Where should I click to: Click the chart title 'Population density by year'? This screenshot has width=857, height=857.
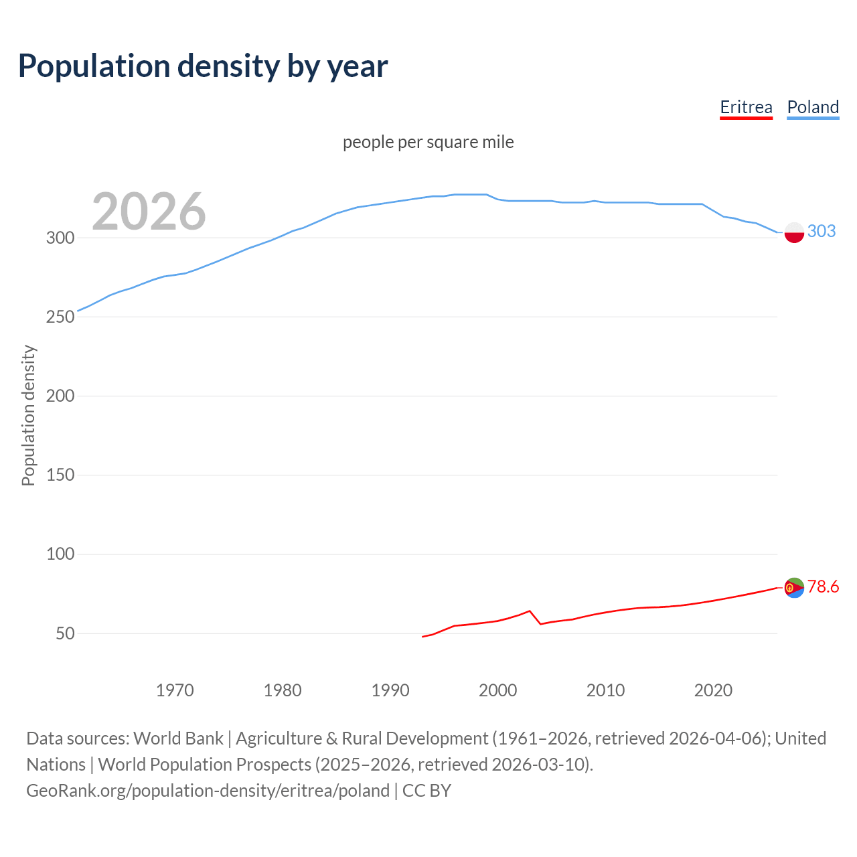click(203, 66)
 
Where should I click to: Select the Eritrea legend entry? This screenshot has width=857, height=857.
click(746, 107)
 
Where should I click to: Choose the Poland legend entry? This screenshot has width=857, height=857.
click(813, 107)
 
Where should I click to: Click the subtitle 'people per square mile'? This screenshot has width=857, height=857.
click(428, 142)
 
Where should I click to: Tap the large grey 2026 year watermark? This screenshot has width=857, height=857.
click(149, 212)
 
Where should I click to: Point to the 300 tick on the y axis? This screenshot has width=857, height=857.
click(60, 238)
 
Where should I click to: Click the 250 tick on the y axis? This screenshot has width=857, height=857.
click(60, 317)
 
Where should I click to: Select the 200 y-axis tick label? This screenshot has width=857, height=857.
click(60, 396)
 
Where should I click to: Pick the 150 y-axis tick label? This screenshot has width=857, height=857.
click(60, 475)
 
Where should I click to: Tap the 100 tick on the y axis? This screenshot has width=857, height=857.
click(60, 554)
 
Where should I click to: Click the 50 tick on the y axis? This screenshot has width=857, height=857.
click(65, 633)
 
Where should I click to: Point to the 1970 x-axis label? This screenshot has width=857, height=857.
click(175, 690)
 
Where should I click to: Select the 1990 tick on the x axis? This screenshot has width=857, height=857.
click(390, 690)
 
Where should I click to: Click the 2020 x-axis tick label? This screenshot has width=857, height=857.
click(713, 690)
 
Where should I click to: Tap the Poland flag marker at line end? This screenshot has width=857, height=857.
click(794, 232)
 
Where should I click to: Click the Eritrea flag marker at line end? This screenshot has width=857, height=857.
click(794, 588)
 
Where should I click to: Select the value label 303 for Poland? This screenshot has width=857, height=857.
click(822, 231)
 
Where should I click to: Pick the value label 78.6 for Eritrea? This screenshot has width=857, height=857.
click(823, 587)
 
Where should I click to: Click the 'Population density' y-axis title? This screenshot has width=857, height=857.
click(28, 415)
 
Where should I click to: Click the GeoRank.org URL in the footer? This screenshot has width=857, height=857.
click(208, 791)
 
